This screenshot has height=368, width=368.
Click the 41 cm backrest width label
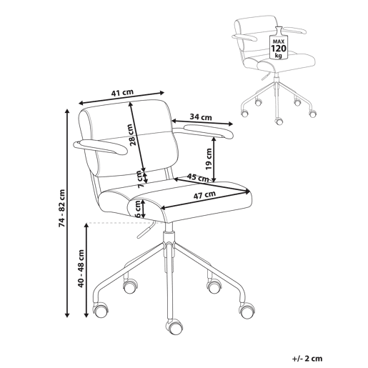(x=122, y=93)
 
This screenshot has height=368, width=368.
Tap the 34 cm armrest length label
(x=201, y=117)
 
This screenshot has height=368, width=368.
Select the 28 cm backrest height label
(x=131, y=134)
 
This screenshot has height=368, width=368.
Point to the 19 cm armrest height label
(x=209, y=159)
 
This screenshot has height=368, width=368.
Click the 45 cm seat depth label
(x=198, y=178)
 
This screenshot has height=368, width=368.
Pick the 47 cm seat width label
(x=204, y=195)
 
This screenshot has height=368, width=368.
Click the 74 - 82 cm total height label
(x=61, y=208)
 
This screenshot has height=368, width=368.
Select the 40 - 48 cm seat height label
(x=81, y=269)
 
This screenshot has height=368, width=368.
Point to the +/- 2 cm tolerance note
(x=307, y=359)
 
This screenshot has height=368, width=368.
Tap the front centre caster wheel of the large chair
(x=174, y=327)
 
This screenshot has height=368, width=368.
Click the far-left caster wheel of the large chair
(x=101, y=309)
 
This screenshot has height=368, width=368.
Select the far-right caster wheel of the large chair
(x=247, y=311)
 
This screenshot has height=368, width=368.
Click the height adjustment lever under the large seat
(x=146, y=229)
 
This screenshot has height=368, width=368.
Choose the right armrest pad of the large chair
(x=209, y=131)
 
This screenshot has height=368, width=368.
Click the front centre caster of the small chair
(x=279, y=121)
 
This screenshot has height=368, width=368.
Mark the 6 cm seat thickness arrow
(x=143, y=209)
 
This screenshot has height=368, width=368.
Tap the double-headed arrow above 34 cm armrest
(x=202, y=122)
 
